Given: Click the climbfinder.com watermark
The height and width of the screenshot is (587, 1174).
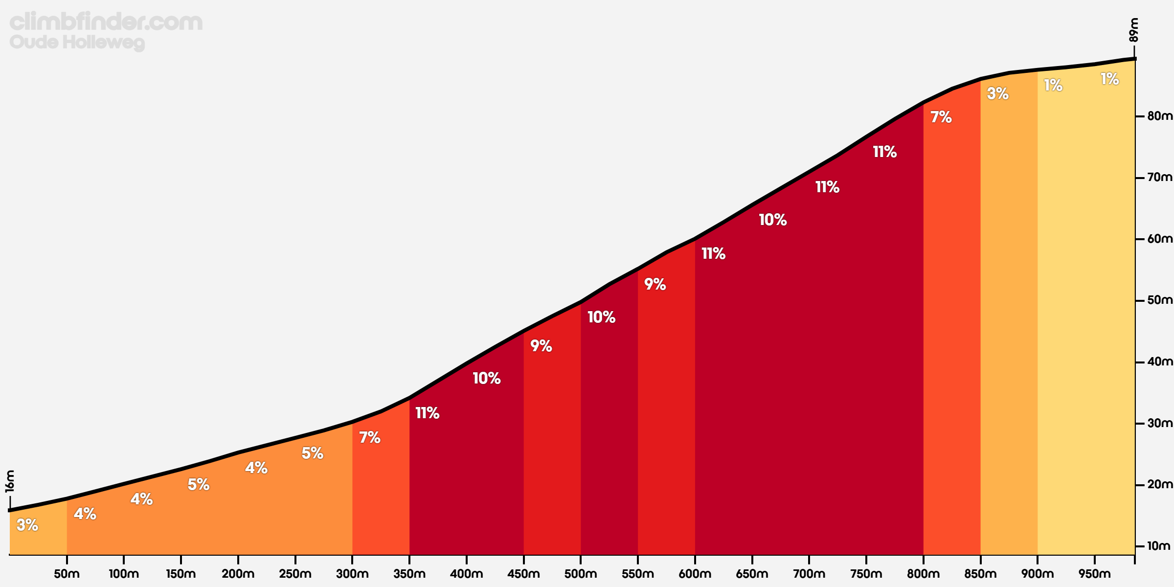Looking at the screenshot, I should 106,22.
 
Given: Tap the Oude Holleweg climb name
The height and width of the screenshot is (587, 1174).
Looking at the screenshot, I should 77,42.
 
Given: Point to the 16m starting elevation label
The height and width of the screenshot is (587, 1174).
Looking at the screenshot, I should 10,481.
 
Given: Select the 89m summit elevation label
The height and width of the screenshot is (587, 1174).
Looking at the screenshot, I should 1134,30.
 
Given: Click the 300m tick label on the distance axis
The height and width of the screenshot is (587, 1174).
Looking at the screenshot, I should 352,574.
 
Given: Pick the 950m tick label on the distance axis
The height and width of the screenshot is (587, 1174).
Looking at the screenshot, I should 1094,574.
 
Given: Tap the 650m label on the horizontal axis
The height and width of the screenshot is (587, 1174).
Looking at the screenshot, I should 752,574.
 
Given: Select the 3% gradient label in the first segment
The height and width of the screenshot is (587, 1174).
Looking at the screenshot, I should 27,525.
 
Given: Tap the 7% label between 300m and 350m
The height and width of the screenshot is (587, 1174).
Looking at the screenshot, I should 370,437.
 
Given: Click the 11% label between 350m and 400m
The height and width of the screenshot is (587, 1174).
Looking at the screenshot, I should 427,413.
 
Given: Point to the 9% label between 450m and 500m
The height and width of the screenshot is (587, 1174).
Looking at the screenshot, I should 541,346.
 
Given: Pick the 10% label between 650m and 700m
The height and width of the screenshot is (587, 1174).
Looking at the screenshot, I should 772,220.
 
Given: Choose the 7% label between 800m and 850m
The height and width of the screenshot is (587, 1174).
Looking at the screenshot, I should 941,117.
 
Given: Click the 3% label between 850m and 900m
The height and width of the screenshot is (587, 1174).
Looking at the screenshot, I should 997,93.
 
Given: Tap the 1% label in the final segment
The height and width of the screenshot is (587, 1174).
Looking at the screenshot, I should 1109,79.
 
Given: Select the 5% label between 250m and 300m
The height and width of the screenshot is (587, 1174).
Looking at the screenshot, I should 312,453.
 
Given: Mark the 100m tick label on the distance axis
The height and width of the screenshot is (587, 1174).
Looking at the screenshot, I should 124,574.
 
